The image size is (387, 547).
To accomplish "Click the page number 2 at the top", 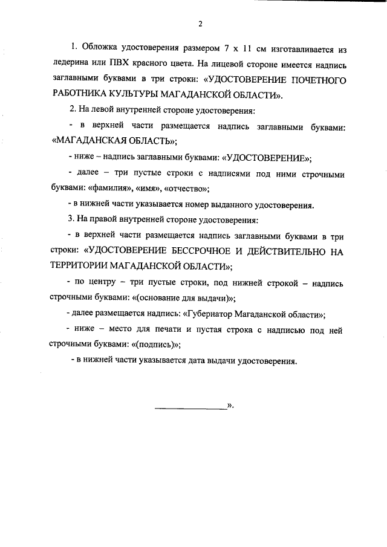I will pos(200,24).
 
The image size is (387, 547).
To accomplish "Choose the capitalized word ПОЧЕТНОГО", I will pos(310,79).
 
